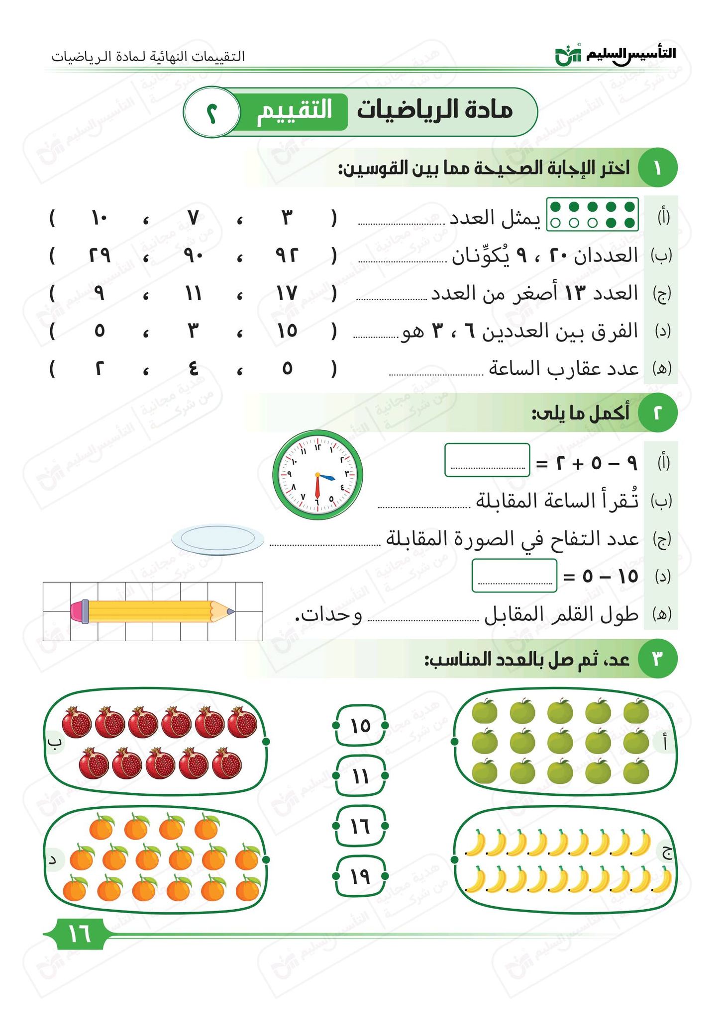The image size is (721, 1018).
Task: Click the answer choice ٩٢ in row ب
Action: [x=287, y=256]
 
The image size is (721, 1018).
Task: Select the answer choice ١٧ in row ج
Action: [x=287, y=294]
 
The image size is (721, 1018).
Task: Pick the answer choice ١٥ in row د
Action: [x=287, y=331]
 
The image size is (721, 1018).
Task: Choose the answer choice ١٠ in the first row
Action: [x=99, y=218]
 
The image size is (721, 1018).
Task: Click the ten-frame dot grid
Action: [x=592, y=214]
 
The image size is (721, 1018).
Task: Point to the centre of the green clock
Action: [x=317, y=475]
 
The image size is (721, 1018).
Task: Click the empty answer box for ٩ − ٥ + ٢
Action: [x=487, y=460]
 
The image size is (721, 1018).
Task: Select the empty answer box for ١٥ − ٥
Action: [x=514, y=576]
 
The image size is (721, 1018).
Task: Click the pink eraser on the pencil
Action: [x=77, y=611]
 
